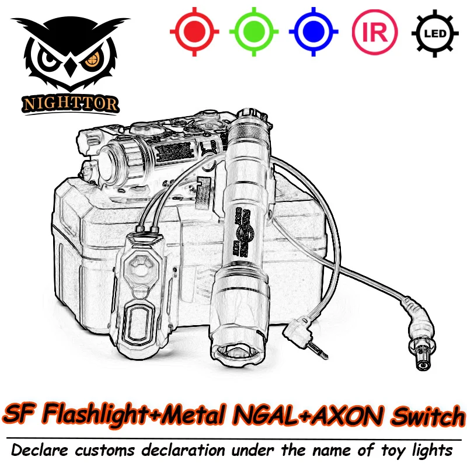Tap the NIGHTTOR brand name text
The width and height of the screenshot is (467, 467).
(x=71, y=104)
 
